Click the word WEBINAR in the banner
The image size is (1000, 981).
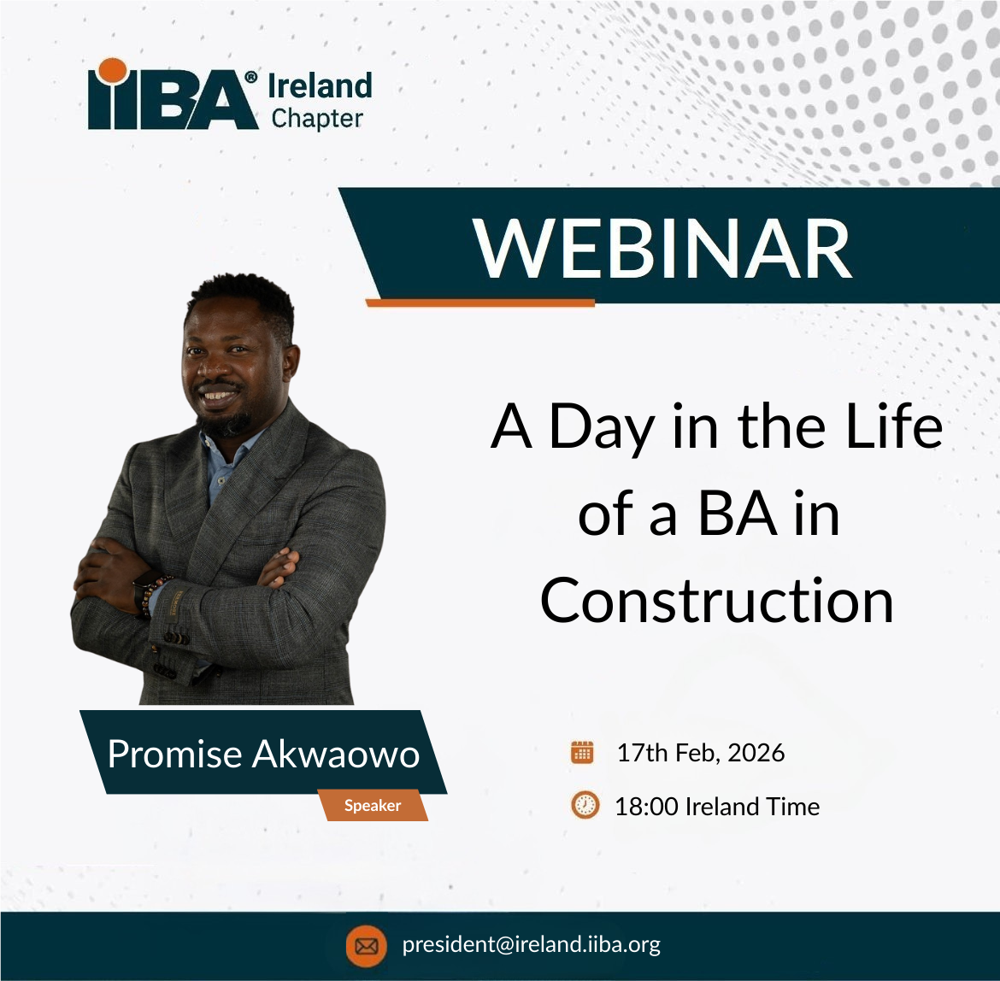click(662, 249)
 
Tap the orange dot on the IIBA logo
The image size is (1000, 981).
click(113, 71)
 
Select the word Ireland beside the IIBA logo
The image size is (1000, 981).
click(320, 85)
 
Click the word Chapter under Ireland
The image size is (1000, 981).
click(317, 119)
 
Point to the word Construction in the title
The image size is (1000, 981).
click(717, 601)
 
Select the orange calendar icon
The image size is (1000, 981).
click(582, 752)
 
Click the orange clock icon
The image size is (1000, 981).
click(585, 805)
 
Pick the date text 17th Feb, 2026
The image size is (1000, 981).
click(700, 754)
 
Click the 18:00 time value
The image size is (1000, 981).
click(646, 807)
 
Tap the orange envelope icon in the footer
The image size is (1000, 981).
click(366, 945)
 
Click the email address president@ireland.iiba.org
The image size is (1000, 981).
click(532, 944)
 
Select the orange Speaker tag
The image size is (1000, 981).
click(374, 805)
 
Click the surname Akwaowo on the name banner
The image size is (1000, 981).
click(335, 754)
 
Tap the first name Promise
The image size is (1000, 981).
click(174, 754)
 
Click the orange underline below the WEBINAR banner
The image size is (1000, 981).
click(480, 303)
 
